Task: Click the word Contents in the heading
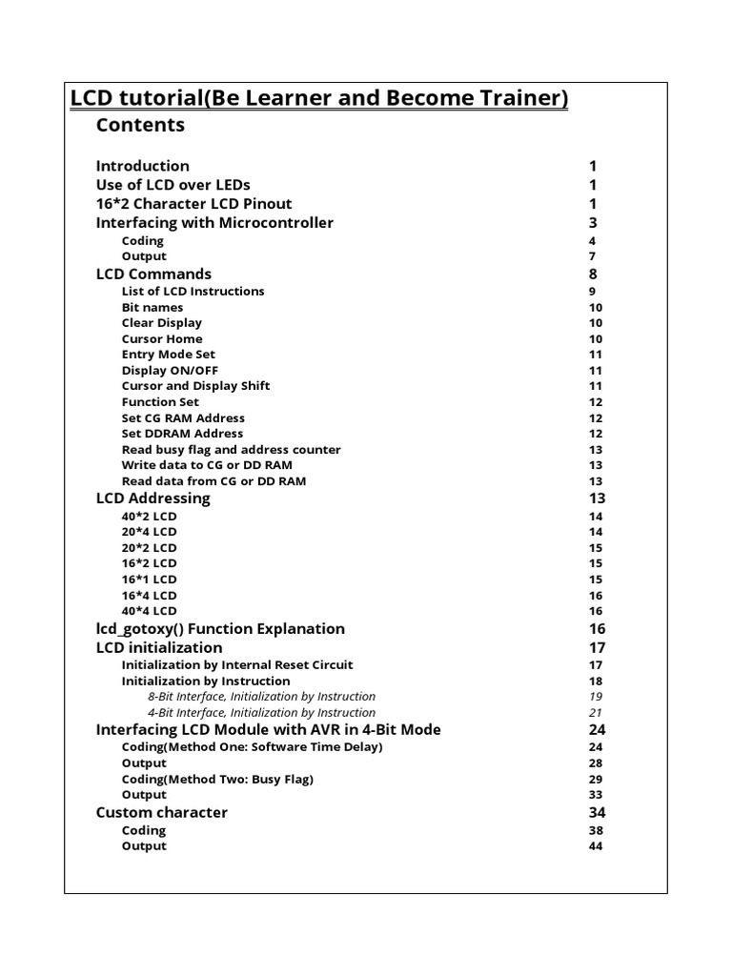[140, 125]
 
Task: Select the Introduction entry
[142, 166]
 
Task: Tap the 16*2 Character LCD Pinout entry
[193, 204]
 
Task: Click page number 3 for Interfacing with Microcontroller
[593, 223]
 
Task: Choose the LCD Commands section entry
[153, 274]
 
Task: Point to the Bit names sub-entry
[152, 307]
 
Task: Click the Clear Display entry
[161, 323]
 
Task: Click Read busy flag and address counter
[231, 449]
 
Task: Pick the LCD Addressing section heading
[152, 498]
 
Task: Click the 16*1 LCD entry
[149, 579]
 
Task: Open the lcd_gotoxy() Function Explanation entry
[220, 629]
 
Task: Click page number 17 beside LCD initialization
[597, 648]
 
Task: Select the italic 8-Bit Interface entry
[261, 697]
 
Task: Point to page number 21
[596, 712]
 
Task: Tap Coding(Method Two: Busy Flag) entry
[217, 779]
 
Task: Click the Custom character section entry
[161, 813]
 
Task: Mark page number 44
[596, 846]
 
